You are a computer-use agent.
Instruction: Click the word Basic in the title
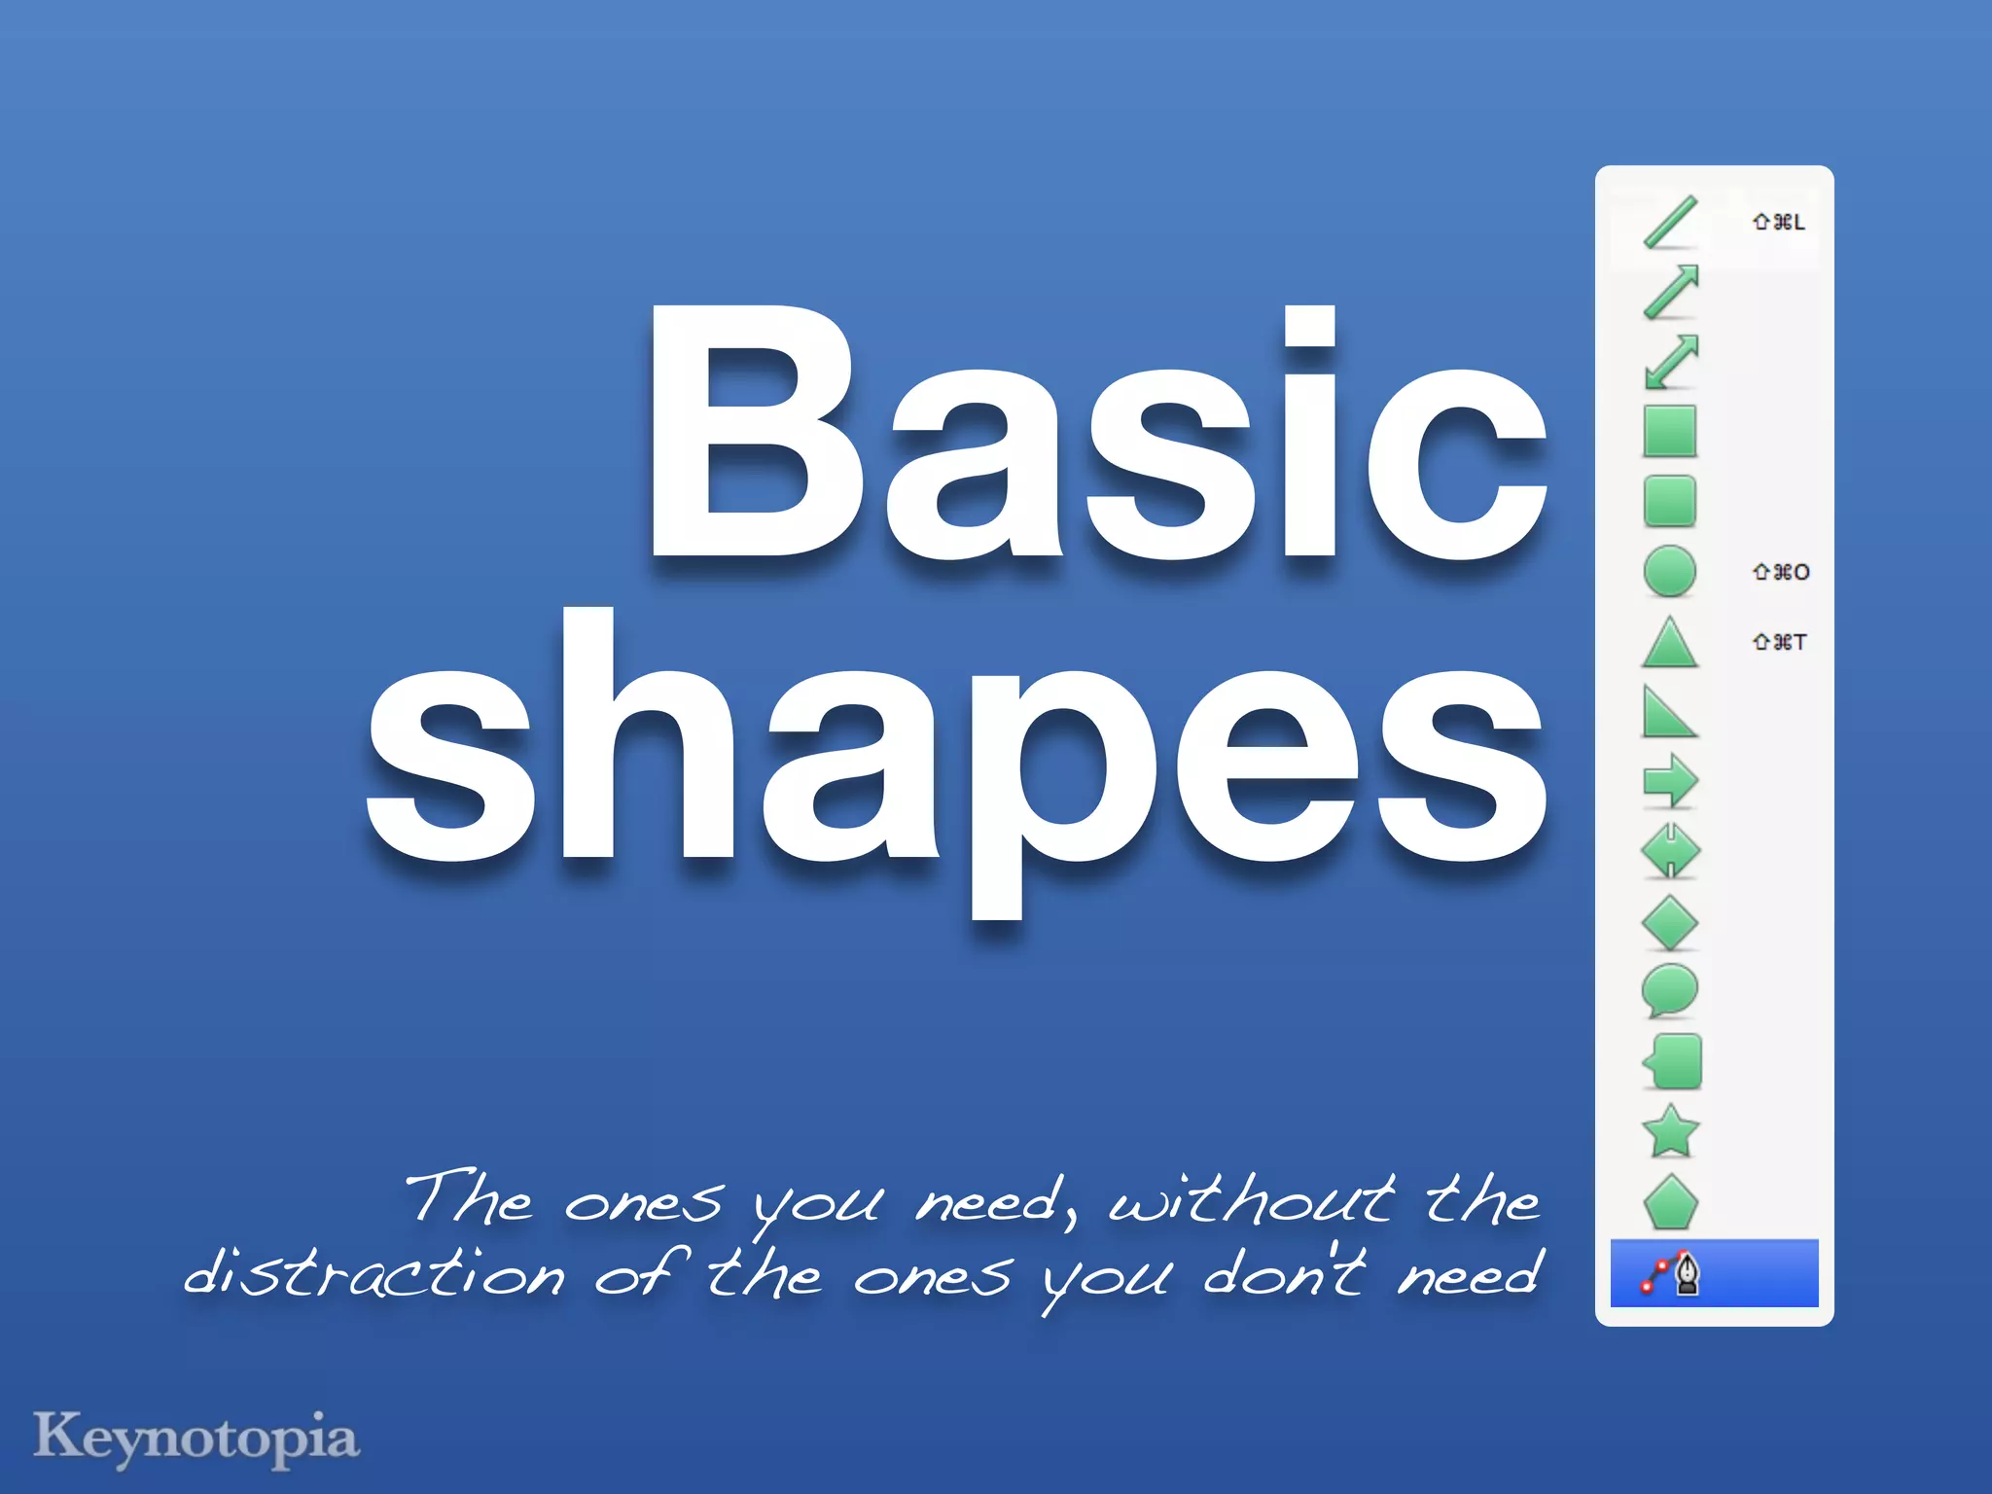coord(1097,435)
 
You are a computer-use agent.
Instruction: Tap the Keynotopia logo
coord(196,1439)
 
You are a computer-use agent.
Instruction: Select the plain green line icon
coord(1670,222)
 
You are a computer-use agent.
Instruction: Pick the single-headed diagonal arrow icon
coord(1670,292)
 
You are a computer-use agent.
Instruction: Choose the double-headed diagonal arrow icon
coord(1670,362)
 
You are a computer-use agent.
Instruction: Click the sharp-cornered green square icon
coord(1670,432)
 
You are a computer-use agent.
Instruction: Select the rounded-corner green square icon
coord(1670,502)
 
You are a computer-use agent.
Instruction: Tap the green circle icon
coord(1670,571)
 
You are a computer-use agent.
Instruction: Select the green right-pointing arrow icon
coord(1670,781)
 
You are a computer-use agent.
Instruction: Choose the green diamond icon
coord(1670,922)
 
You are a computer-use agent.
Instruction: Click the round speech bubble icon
coord(1670,991)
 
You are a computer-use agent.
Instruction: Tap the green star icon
coord(1670,1132)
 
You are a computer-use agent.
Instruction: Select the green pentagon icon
coord(1670,1203)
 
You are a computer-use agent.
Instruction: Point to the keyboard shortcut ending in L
coord(1778,223)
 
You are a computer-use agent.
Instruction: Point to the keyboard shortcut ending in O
coord(1780,572)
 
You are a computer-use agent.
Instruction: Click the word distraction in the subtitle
coord(374,1274)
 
